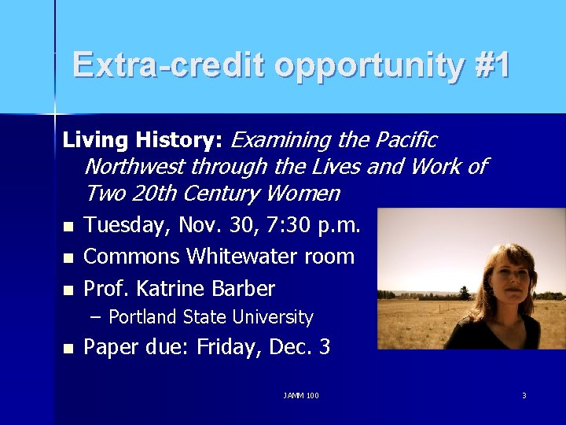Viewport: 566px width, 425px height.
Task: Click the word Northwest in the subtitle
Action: [x=136, y=167]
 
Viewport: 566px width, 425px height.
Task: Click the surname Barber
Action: [x=243, y=289]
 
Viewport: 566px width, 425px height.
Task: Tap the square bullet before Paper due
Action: [x=68, y=348]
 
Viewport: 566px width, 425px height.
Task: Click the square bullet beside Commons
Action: [x=68, y=258]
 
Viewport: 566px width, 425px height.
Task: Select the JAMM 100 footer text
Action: [x=301, y=395]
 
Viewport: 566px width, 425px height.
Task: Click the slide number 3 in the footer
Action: [x=524, y=395]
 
